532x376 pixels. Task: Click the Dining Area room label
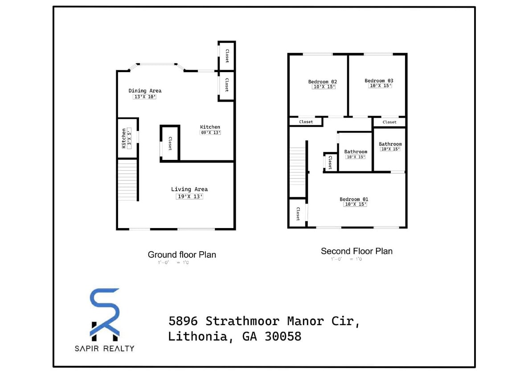point(145,91)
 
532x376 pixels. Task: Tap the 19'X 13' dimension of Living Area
point(189,196)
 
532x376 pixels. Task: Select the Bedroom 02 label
point(323,82)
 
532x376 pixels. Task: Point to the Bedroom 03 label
point(379,81)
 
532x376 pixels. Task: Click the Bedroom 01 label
point(354,199)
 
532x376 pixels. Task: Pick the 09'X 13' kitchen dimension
point(210,132)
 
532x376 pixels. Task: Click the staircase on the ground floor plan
point(127,180)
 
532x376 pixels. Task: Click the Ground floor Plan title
point(182,255)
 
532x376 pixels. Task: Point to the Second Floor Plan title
point(356,251)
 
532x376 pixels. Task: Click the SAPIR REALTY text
point(104,348)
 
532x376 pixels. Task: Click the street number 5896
point(184,321)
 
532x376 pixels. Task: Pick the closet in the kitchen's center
point(170,143)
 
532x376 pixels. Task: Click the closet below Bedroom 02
point(306,122)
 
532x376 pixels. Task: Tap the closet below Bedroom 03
point(389,122)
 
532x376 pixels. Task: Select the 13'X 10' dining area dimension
point(145,97)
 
